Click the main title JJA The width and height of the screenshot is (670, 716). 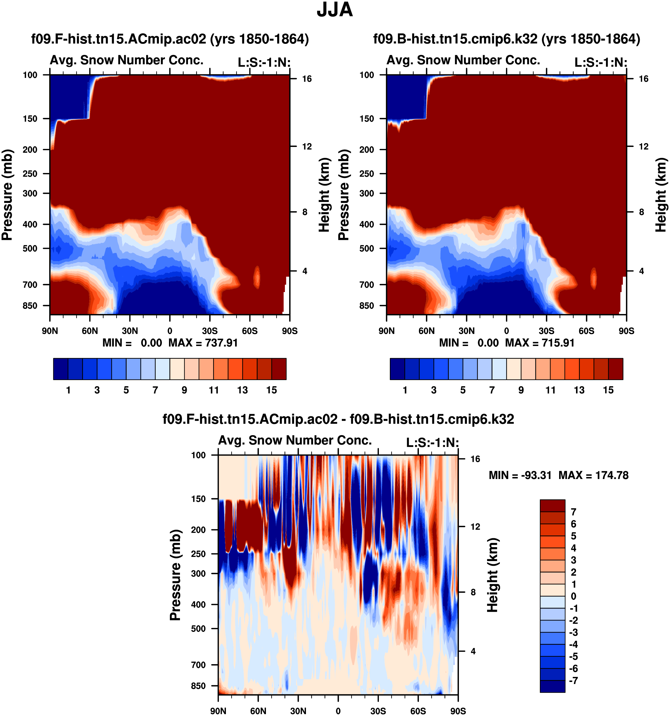334,10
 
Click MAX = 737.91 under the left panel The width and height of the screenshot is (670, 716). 203,342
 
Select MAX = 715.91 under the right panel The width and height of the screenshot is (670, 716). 540,342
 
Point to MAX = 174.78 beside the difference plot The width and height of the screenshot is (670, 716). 593,475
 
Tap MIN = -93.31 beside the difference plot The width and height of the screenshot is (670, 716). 520,475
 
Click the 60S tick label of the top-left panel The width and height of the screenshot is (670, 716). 250,331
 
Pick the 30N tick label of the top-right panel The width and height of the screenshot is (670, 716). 466,331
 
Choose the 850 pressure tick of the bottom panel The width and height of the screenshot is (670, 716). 198,685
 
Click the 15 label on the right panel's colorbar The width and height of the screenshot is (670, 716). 608,390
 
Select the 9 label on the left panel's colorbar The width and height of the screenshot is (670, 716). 184,390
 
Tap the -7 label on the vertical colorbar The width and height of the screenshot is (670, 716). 573,680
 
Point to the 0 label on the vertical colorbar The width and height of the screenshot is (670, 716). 573,596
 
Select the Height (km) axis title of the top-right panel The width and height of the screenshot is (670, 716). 660,195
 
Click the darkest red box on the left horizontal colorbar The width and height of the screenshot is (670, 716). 279,369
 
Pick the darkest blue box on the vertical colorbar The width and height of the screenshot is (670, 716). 552,686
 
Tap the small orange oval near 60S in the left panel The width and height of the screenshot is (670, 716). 257,277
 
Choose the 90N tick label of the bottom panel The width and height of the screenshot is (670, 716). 218,711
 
